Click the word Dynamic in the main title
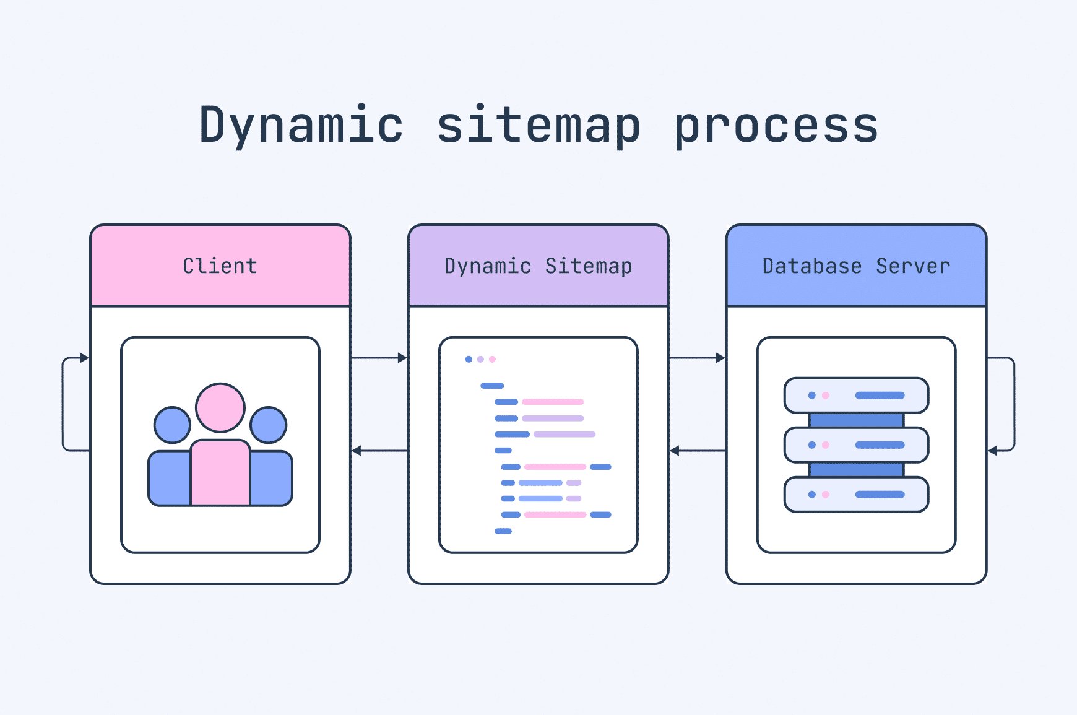click(x=301, y=125)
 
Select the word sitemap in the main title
click(x=538, y=125)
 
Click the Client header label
click(x=220, y=266)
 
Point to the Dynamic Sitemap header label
click(x=538, y=266)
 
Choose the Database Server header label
click(x=856, y=266)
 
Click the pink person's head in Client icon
click(x=220, y=407)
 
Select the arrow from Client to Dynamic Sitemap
click(x=379, y=358)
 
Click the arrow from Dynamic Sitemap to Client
click(x=379, y=451)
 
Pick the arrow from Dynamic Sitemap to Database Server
click(x=697, y=358)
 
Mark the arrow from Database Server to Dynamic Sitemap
click(x=697, y=451)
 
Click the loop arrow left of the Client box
click(x=63, y=404)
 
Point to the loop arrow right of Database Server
click(x=1013, y=404)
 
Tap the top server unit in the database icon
click(x=856, y=396)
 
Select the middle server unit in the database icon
click(x=856, y=445)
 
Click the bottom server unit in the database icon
click(x=856, y=495)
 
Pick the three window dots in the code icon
click(x=480, y=359)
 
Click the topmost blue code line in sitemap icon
click(x=492, y=386)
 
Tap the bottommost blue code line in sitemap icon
click(x=503, y=531)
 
